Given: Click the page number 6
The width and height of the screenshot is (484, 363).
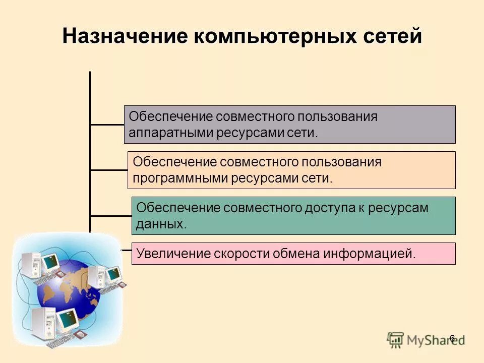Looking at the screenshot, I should tap(452, 338).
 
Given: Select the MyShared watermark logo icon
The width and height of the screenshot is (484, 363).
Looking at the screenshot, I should tap(396, 339).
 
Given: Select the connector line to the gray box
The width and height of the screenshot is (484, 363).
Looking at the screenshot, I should tap(107, 124).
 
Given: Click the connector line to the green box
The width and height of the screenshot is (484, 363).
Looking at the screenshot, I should tap(110, 216).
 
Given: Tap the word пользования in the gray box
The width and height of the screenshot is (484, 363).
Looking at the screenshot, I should tap(336, 117).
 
